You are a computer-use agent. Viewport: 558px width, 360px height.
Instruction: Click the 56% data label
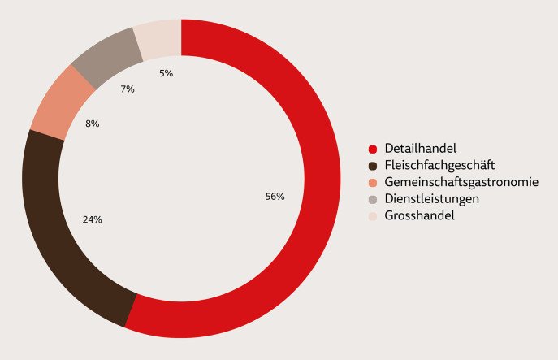(x=275, y=197)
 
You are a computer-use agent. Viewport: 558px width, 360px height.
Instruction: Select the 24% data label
(x=93, y=219)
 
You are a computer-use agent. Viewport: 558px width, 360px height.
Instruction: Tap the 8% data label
(x=92, y=124)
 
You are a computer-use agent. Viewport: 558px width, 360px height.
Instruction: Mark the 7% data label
(x=128, y=89)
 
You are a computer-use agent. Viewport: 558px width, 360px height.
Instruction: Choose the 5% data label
(x=166, y=73)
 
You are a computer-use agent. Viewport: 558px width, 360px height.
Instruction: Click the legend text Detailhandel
(x=421, y=148)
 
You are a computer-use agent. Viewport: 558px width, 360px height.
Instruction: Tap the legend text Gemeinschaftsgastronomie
(x=461, y=182)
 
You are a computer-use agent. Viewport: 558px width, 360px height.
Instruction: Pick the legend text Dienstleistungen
(x=432, y=199)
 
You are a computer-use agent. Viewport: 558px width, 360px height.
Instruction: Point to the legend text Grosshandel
(x=420, y=216)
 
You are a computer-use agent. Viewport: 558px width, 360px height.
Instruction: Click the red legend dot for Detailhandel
(x=373, y=149)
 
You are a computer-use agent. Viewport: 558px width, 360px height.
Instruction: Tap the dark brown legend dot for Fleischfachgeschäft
(x=373, y=166)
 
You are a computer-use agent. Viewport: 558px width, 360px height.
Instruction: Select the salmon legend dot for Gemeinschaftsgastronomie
(x=373, y=183)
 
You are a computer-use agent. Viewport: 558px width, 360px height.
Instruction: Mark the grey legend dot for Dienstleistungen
(x=373, y=200)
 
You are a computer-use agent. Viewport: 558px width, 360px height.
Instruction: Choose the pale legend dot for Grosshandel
(x=373, y=217)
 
